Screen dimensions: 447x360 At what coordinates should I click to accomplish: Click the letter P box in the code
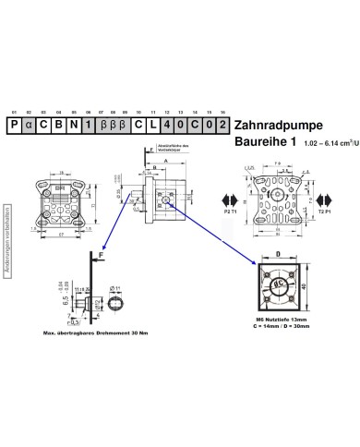[x=15, y=124]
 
